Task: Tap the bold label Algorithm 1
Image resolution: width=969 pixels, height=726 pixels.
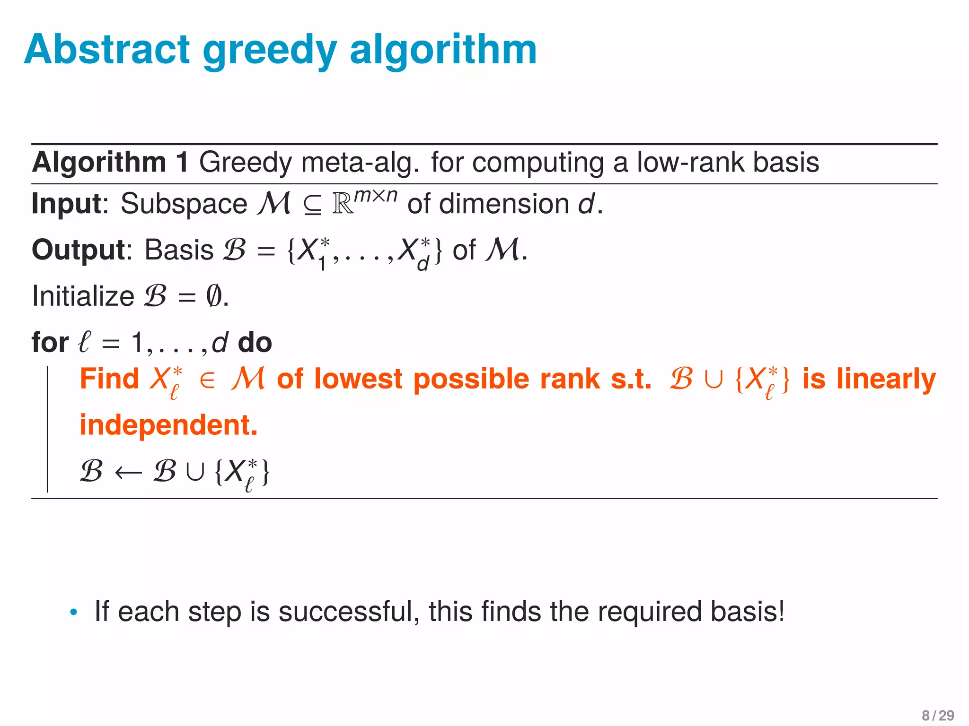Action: (x=110, y=162)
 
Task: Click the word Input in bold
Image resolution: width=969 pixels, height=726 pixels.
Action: (x=67, y=204)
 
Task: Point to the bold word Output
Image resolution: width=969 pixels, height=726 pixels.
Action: (x=78, y=250)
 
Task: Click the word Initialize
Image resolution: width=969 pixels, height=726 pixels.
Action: (x=83, y=296)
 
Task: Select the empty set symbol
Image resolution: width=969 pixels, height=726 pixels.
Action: (x=213, y=296)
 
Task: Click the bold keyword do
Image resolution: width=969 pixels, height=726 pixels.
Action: (x=255, y=342)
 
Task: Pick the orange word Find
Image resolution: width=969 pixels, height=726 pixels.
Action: (x=109, y=379)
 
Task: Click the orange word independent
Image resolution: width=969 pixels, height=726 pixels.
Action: (x=168, y=425)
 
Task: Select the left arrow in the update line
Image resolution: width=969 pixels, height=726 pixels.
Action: (x=128, y=472)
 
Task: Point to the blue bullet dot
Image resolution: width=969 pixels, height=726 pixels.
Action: (x=73, y=613)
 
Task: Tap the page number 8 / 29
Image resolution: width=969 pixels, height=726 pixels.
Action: (x=938, y=715)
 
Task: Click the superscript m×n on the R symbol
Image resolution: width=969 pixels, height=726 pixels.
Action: (x=376, y=195)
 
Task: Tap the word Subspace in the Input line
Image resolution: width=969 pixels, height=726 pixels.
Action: (x=184, y=204)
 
